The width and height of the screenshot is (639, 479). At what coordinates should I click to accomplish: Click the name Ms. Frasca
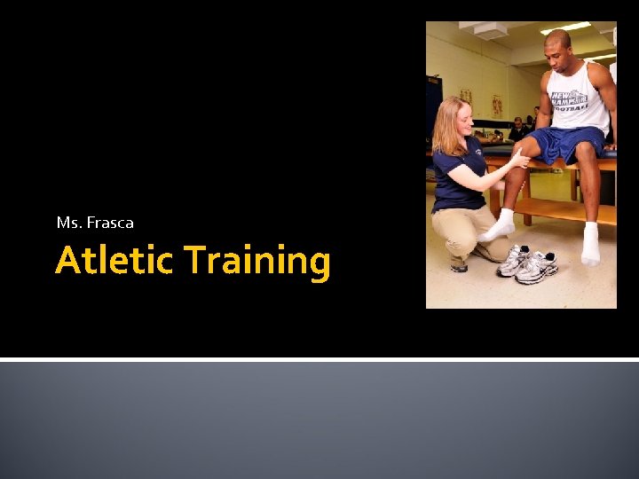pyautogui.click(x=95, y=223)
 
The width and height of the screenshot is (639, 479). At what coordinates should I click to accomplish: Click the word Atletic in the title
pyautogui.click(x=114, y=262)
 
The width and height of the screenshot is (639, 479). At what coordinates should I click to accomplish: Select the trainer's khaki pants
pyautogui.click(x=466, y=228)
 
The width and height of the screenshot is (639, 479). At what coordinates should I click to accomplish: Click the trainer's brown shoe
pyautogui.click(x=459, y=263)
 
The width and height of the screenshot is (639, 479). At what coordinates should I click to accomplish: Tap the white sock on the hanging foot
pyautogui.click(x=590, y=245)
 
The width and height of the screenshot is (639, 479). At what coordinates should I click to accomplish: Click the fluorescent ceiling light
pyautogui.click(x=565, y=27)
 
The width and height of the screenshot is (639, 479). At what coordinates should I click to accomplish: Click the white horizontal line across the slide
pyautogui.click(x=319, y=359)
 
